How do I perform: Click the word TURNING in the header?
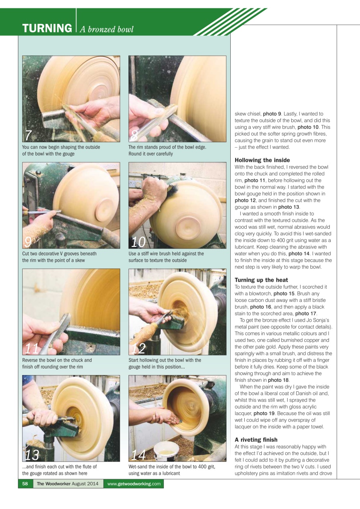click(47, 29)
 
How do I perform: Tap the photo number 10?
click(138, 242)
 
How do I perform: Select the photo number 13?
click(34, 455)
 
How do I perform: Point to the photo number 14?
click(139, 455)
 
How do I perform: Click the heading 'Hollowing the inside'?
click(262, 160)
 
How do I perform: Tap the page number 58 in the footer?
click(25, 484)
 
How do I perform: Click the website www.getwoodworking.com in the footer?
click(134, 484)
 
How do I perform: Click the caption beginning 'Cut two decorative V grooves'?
click(59, 257)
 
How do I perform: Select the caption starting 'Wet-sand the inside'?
click(171, 470)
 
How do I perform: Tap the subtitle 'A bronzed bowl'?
click(107, 29)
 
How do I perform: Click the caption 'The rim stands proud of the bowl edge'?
click(167, 150)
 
